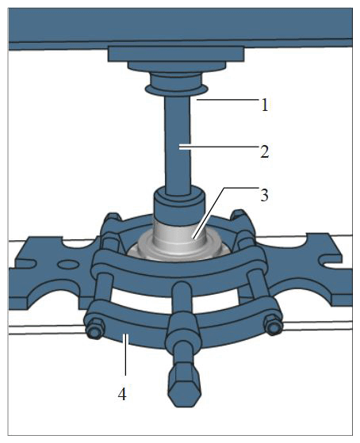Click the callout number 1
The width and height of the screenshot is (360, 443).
(264, 105)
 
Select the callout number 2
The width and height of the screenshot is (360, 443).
(264, 151)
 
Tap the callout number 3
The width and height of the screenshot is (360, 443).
(264, 195)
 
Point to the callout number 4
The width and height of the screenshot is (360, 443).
(122, 394)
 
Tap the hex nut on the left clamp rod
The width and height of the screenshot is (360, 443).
(94, 329)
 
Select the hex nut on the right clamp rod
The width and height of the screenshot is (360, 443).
(274, 326)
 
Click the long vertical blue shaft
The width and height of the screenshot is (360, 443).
(178, 145)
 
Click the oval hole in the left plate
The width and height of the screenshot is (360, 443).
(68, 264)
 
